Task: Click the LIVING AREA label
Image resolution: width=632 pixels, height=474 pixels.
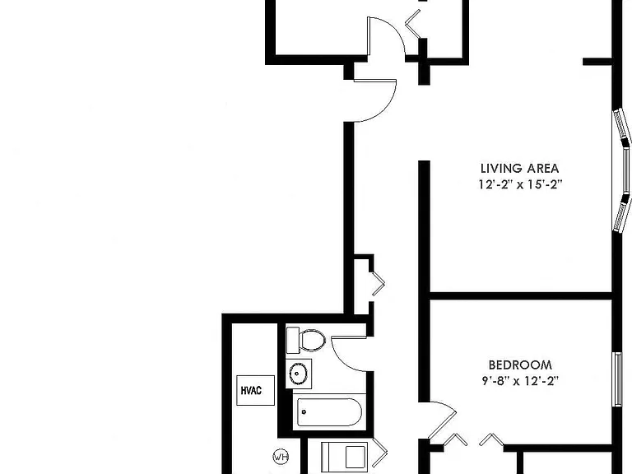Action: coord(519,168)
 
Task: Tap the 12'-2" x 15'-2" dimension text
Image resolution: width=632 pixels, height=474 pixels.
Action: coord(520,184)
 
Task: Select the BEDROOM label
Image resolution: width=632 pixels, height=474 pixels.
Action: coord(520,365)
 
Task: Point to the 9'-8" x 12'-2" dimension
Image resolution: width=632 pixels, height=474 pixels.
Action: coord(520,381)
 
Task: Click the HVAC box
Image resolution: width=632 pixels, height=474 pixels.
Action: coord(256,390)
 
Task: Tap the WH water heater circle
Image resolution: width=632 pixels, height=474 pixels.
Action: coord(281,457)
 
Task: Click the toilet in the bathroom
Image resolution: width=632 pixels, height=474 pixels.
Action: coord(305,341)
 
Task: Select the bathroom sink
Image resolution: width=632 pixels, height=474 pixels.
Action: coord(298,374)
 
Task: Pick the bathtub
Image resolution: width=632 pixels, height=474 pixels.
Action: coord(329,412)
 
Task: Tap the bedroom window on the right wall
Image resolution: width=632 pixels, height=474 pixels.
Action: coord(617,379)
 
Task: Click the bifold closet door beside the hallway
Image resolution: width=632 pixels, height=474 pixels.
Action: coord(377,284)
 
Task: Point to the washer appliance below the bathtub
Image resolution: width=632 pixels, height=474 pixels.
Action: coord(345,457)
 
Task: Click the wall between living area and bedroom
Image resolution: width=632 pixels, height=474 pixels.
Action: coord(521,296)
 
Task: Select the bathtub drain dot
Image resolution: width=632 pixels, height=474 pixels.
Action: coord(304,412)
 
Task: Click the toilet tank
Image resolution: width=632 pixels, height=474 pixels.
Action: coord(293,341)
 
